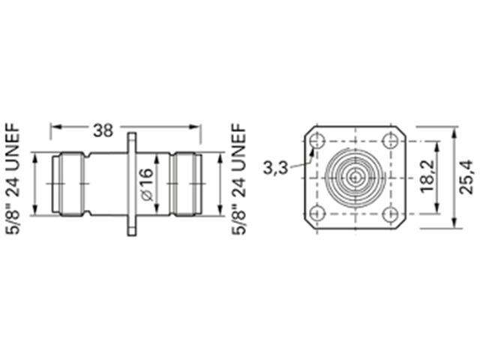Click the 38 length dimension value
(x=104, y=130)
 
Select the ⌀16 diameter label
(x=146, y=184)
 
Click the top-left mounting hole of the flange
(x=318, y=140)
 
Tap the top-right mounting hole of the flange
(x=388, y=140)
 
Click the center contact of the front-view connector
(x=353, y=178)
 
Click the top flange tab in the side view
(x=133, y=142)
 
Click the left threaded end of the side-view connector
(x=69, y=182)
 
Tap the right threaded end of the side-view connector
(x=186, y=182)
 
